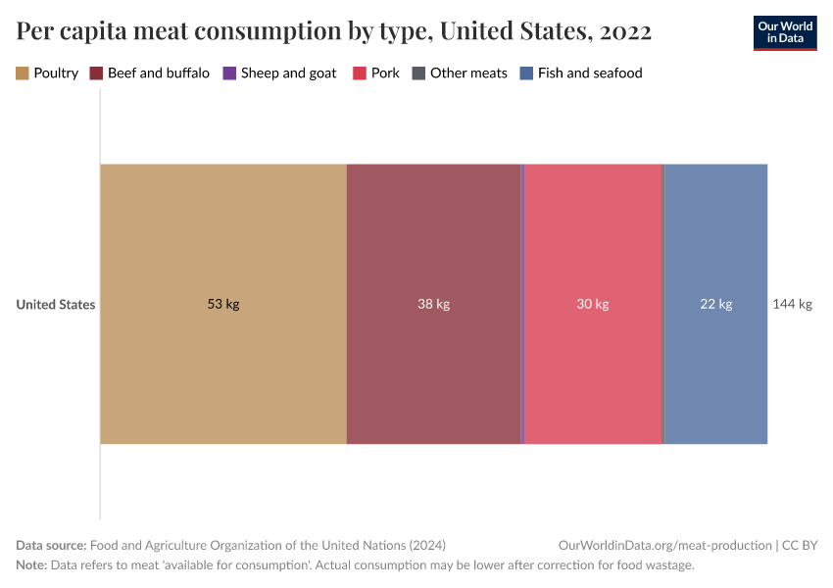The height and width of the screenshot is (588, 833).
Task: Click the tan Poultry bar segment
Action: tap(223, 245)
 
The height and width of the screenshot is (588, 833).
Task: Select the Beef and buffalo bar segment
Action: tap(433, 245)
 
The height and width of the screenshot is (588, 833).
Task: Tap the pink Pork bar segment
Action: tap(593, 245)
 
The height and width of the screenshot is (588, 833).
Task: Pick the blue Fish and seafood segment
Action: tap(715, 245)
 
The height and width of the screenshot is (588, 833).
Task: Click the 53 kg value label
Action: tap(223, 304)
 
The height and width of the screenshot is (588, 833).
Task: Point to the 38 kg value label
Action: tap(433, 304)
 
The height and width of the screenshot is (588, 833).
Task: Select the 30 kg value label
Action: tap(593, 304)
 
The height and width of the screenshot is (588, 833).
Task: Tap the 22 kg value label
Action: tap(715, 304)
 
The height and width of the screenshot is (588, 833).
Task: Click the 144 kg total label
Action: tap(793, 304)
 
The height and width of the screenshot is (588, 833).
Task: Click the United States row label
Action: tap(56, 304)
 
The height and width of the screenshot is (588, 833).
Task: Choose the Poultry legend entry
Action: tap(47, 73)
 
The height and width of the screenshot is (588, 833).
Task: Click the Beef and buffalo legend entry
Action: tap(149, 73)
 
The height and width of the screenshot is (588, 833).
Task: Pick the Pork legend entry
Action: tap(376, 73)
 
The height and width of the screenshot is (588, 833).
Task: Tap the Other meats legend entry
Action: tap(460, 73)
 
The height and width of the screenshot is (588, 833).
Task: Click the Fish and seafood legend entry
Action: tap(581, 73)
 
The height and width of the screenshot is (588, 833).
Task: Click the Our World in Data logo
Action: tap(784, 32)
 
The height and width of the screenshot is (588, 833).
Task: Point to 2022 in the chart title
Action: tap(624, 31)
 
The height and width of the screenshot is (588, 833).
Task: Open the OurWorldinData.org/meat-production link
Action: tap(663, 546)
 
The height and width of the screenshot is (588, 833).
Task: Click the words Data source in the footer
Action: tap(50, 546)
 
